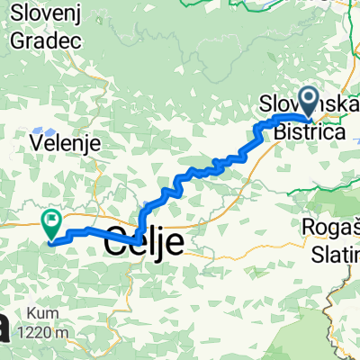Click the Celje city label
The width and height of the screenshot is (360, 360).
(x=145, y=241)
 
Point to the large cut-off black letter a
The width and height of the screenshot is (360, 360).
(x=5, y=326)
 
